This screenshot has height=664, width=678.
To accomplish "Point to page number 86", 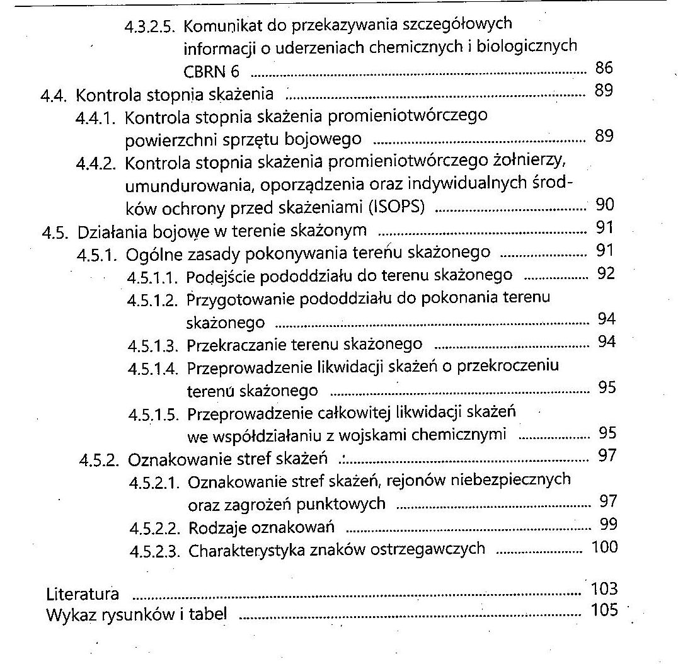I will [x=603, y=68].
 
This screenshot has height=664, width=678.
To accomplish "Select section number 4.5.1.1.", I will [x=154, y=277].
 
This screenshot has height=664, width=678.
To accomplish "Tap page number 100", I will [x=604, y=547].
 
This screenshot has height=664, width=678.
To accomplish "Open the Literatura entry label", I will [x=83, y=593].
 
